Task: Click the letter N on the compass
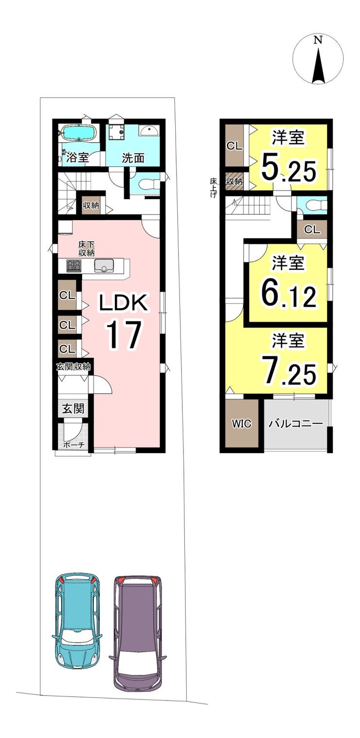[318, 40]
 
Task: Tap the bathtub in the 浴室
[78, 133]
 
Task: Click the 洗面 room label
[133, 158]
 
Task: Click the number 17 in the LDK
[123, 335]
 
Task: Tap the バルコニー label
[295, 424]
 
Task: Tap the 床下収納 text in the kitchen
[87, 249]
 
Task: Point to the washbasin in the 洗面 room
[149, 131]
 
